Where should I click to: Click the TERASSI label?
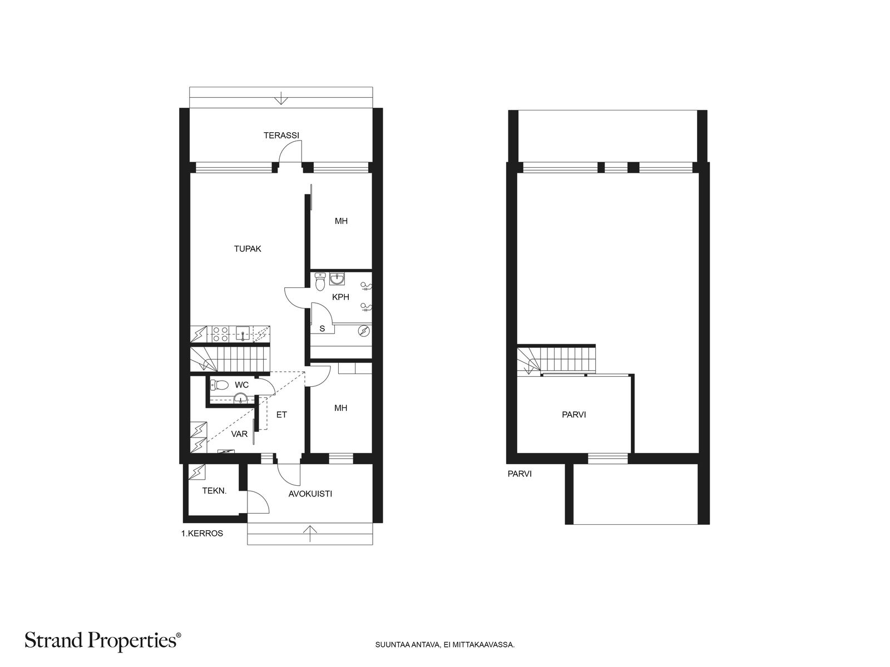[x=281, y=135]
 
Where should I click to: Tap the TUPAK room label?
[x=248, y=248]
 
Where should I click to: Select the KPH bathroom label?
[x=340, y=297]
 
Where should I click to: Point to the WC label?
[x=241, y=384]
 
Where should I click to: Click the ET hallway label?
[x=281, y=415]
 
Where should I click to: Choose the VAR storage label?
[x=239, y=434]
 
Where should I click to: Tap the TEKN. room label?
[x=215, y=491]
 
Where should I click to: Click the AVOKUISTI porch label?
[x=310, y=494]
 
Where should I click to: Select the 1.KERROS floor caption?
[x=202, y=534]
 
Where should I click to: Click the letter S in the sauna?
[x=322, y=328]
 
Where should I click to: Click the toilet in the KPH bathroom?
[x=320, y=281]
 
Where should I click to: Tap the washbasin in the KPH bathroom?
[x=337, y=278]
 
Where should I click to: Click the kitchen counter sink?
[x=243, y=333]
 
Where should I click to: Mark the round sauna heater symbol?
[x=364, y=331]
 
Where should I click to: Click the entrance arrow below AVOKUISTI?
[x=310, y=534]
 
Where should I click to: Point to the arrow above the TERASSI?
[x=280, y=98]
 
